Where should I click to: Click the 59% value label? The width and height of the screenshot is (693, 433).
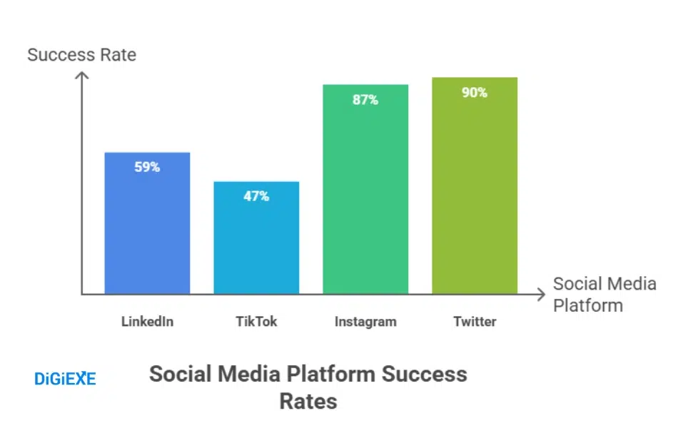[x=147, y=168]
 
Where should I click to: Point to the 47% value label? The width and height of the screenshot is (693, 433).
[x=256, y=196]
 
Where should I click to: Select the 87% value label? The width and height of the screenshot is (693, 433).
[x=365, y=100]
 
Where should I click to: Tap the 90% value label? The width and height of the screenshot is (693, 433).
[x=475, y=92]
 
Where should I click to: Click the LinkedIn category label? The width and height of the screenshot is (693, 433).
[x=147, y=322]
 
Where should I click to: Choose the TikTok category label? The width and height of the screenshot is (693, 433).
[x=256, y=322]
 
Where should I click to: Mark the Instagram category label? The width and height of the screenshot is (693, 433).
[x=365, y=322]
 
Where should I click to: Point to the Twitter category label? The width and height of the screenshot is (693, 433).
[x=475, y=322]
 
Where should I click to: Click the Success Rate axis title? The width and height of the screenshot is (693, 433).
[x=81, y=55]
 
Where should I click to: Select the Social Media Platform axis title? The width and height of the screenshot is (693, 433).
[x=604, y=295]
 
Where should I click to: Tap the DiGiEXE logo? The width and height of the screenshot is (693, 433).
[x=65, y=379]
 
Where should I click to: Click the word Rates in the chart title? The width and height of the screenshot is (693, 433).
[x=308, y=401]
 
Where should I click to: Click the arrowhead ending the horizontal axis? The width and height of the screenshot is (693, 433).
[x=541, y=293]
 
